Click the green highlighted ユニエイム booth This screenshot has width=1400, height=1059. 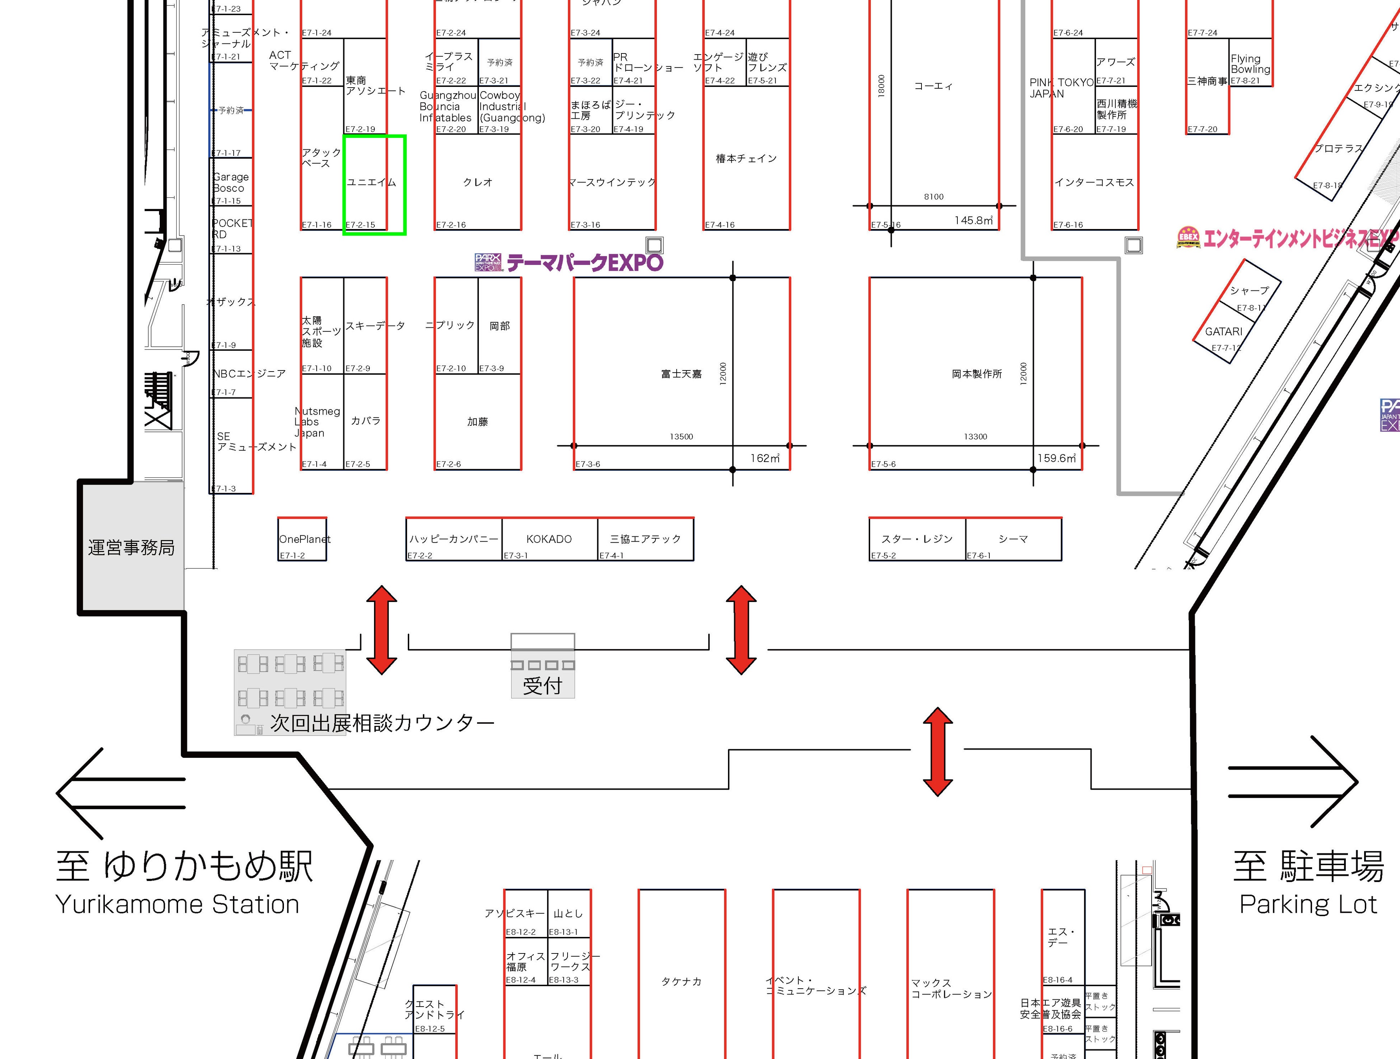(x=373, y=184)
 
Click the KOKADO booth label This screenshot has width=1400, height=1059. (x=549, y=539)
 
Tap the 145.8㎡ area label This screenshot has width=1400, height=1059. (x=974, y=220)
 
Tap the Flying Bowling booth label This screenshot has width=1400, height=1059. (x=1250, y=64)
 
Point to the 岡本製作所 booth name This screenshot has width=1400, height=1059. (x=976, y=374)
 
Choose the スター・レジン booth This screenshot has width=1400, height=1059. (x=916, y=539)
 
